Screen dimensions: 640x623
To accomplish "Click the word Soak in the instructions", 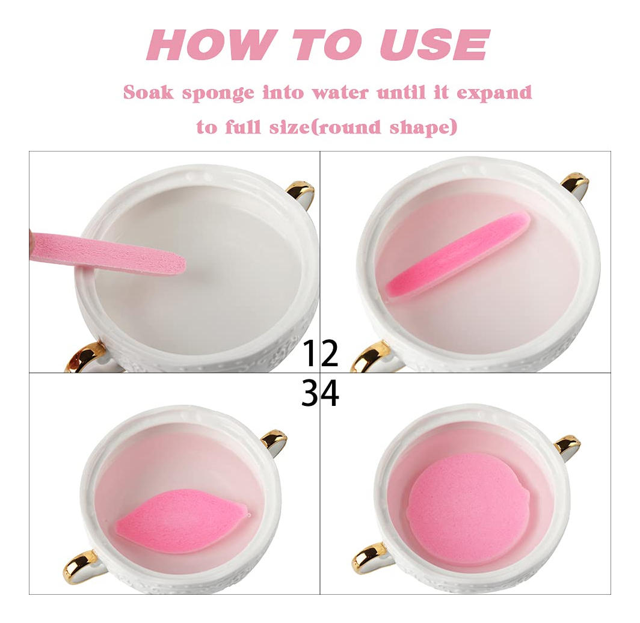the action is click(x=148, y=92).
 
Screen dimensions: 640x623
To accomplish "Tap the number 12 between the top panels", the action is click(x=321, y=352).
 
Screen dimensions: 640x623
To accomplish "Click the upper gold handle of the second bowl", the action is click(x=576, y=185).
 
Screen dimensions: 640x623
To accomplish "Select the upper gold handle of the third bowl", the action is click(x=274, y=443).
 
